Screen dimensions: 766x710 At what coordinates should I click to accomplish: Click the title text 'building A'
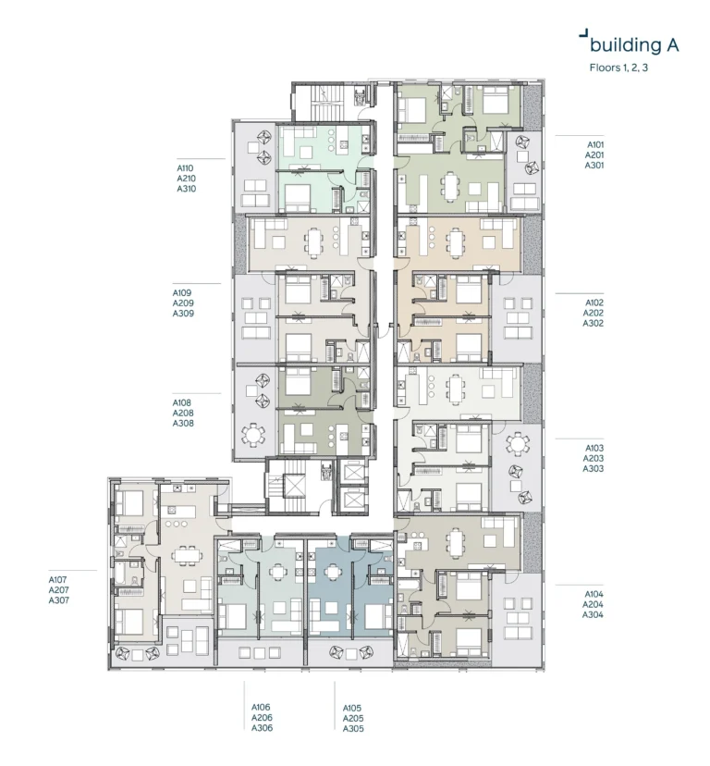pyautogui.click(x=634, y=44)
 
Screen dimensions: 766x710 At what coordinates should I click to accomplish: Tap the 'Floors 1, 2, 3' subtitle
pyautogui.click(x=618, y=68)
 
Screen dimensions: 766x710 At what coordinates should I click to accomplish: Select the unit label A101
pyautogui.click(x=594, y=145)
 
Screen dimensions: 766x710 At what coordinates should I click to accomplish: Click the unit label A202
pyautogui.click(x=593, y=313)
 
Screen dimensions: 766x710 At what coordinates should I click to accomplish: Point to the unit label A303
pyautogui.click(x=593, y=469)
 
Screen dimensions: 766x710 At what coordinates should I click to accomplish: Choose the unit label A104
pyautogui.click(x=594, y=594)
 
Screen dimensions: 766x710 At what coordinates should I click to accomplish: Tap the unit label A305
pyautogui.click(x=353, y=729)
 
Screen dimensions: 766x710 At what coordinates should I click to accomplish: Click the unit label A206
pyautogui.click(x=262, y=718)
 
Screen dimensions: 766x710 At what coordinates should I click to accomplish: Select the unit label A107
pyautogui.click(x=59, y=579)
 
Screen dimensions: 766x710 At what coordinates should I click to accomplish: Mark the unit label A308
pyautogui.click(x=183, y=424)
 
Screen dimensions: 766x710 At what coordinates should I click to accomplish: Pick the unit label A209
pyautogui.click(x=183, y=303)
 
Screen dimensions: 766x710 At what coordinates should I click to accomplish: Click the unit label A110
pyautogui.click(x=187, y=168)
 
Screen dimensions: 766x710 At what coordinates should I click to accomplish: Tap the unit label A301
pyautogui.click(x=594, y=166)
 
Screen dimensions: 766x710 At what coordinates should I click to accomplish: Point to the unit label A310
pyautogui.click(x=187, y=189)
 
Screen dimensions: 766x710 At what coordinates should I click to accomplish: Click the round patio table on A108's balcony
pyautogui.click(x=252, y=434)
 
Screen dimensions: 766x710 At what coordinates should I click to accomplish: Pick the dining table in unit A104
pyautogui.click(x=458, y=540)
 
